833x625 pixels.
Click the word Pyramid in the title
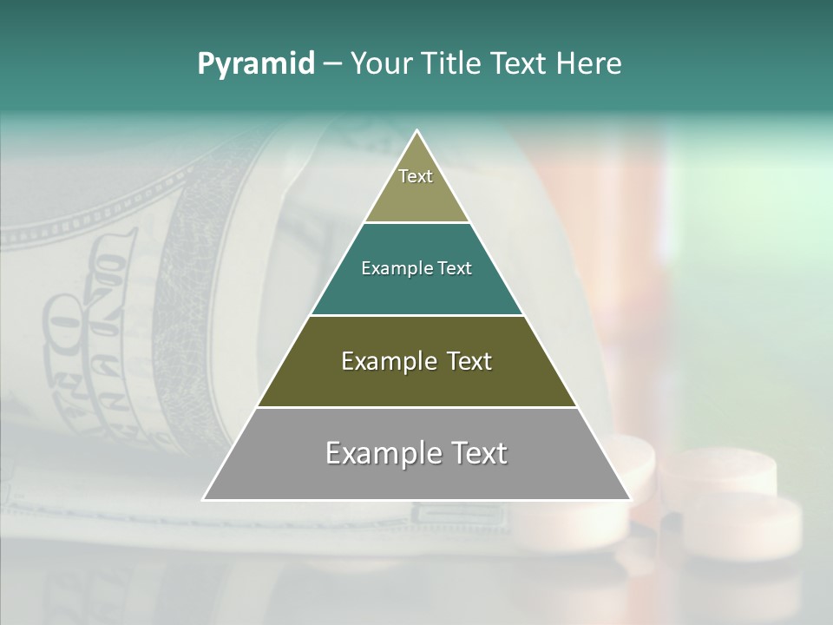[256, 63]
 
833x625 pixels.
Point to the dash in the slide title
[332, 64]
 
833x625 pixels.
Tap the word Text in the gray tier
[475, 453]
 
